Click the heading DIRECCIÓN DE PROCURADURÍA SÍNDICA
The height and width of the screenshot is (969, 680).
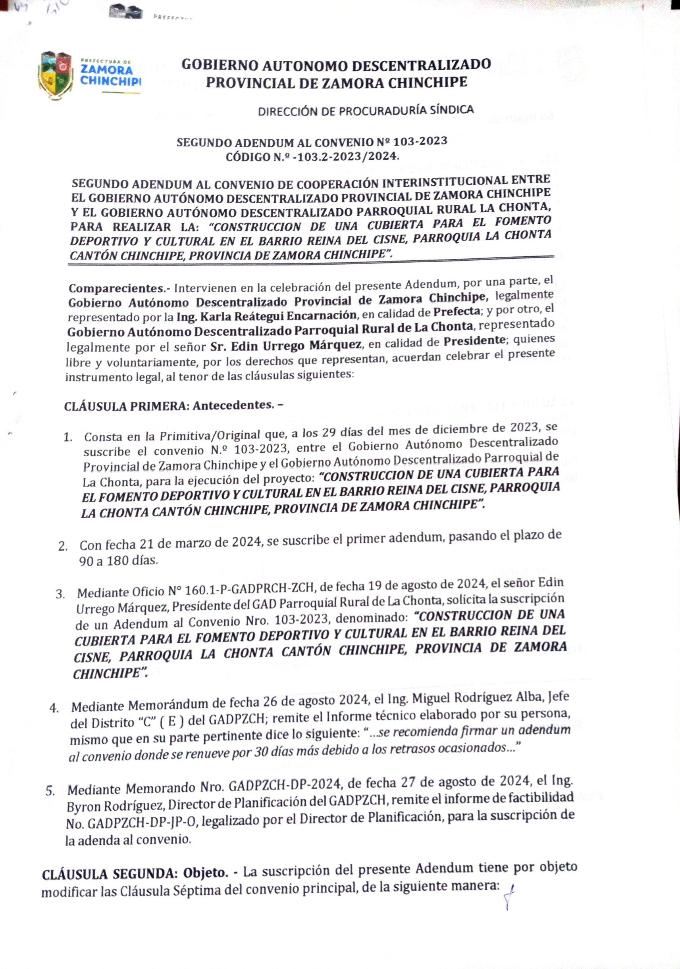click(x=366, y=111)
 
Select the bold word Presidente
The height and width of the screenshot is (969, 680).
click(x=474, y=340)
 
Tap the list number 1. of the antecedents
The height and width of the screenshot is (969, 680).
click(x=68, y=437)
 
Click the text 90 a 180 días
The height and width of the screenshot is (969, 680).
click(x=119, y=561)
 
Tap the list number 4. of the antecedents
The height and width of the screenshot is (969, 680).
click(x=54, y=708)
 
